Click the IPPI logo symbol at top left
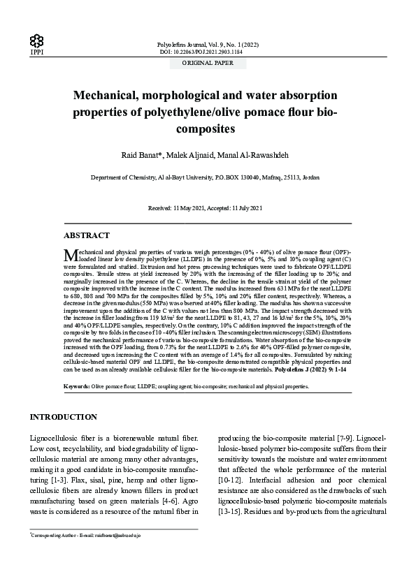[x=35, y=40]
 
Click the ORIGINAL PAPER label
[x=208, y=62]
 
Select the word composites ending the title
[x=208, y=129]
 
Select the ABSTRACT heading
[x=87, y=236]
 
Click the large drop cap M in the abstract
[x=69, y=254]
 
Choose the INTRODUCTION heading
[x=63, y=417]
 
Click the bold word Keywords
[x=76, y=385]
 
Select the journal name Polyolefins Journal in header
[x=186, y=43]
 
